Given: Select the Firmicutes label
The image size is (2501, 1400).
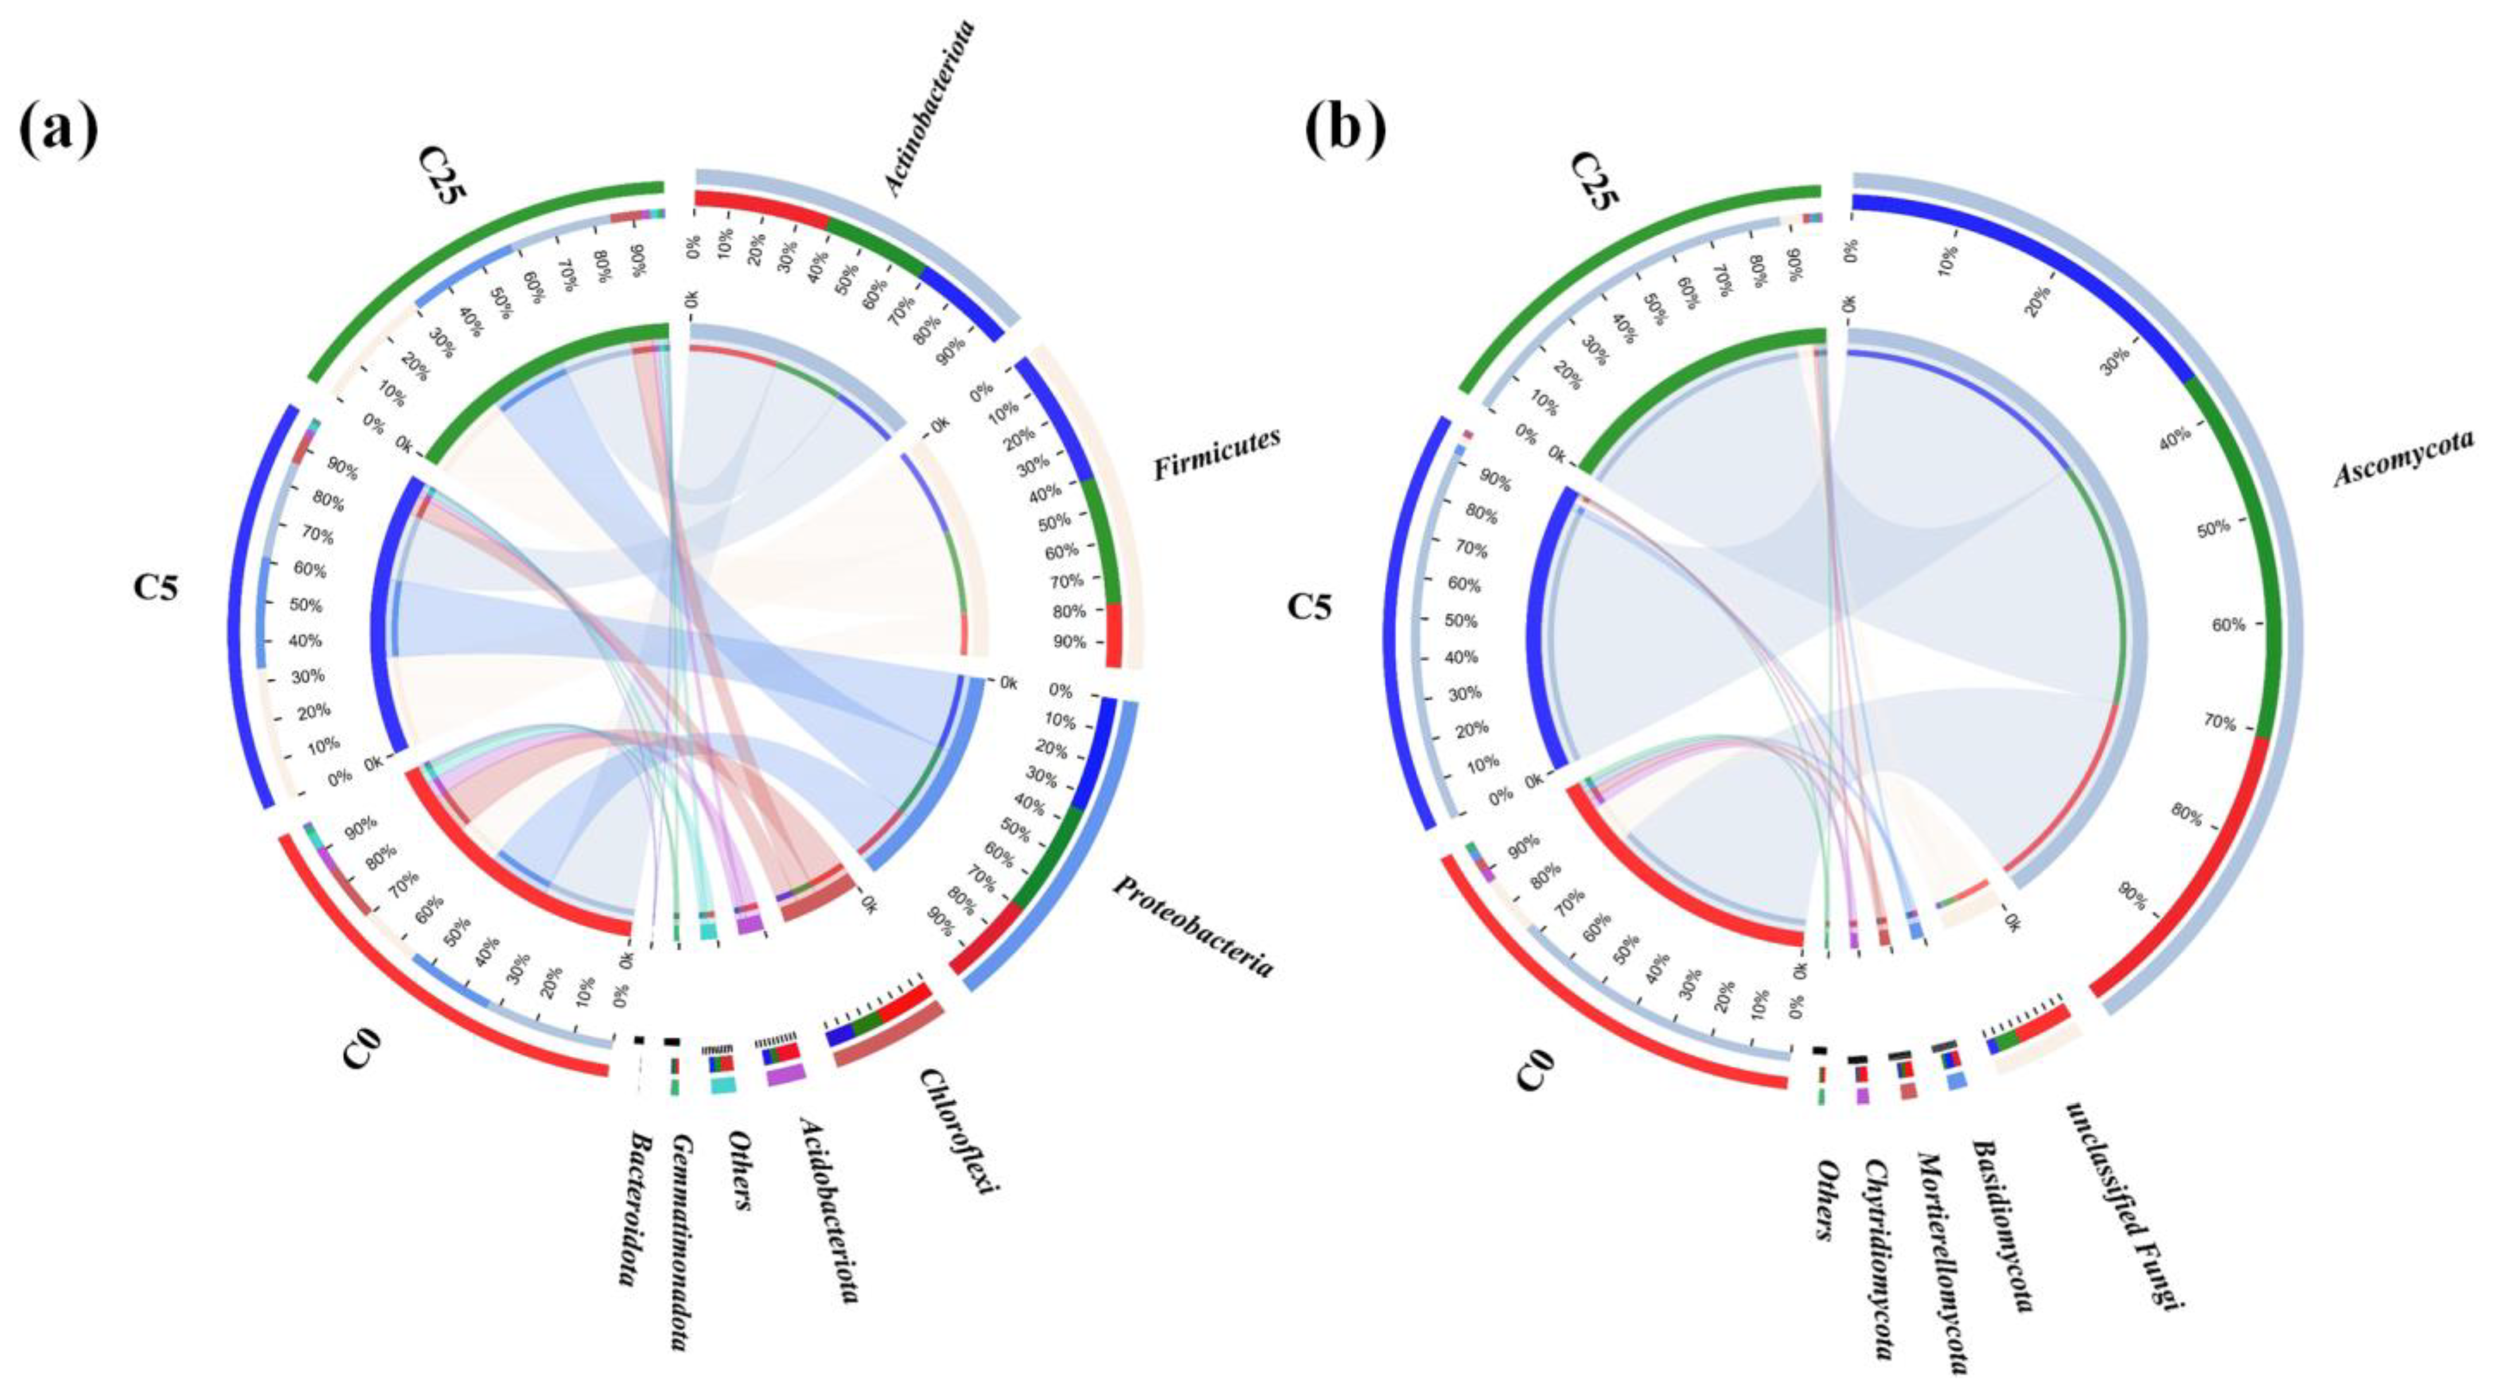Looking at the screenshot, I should (x=1217, y=453).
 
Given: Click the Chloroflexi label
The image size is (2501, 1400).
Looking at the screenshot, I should (x=959, y=1131).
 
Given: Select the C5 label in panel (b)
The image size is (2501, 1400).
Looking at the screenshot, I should (x=1310, y=607).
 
